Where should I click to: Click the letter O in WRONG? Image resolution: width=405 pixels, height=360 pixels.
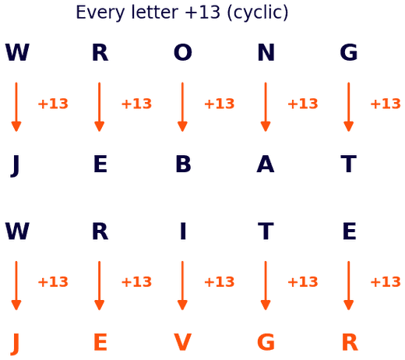(x=183, y=52)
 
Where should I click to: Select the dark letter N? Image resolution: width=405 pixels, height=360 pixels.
(x=266, y=52)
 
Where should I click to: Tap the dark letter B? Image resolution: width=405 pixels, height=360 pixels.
(x=183, y=164)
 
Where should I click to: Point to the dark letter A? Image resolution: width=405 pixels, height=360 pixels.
(x=266, y=164)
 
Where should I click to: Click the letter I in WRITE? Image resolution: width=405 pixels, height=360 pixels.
(x=183, y=231)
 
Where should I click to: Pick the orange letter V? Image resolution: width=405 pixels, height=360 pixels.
(x=182, y=342)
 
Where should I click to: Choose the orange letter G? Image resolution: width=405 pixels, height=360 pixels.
(x=266, y=342)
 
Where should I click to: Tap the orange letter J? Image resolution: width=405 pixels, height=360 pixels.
(x=16, y=344)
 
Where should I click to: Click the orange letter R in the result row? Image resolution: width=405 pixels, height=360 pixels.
(x=350, y=342)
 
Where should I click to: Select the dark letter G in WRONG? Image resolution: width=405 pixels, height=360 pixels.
(x=349, y=52)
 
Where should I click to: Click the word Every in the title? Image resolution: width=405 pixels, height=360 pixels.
(x=100, y=13)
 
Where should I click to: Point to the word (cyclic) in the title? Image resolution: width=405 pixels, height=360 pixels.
(x=258, y=13)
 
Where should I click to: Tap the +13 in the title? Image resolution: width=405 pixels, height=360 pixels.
(x=202, y=12)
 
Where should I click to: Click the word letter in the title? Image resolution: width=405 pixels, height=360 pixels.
(x=155, y=12)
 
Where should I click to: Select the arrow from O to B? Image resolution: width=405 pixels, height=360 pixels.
(x=182, y=107)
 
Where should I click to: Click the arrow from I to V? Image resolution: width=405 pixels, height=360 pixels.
(x=182, y=285)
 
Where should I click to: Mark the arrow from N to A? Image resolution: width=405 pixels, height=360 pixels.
(x=266, y=107)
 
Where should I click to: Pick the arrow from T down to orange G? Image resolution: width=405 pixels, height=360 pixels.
(x=266, y=285)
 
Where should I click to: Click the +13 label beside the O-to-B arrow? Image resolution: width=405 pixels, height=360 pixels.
(x=220, y=104)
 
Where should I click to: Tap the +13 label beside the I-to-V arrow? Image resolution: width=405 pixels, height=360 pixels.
(x=220, y=282)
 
